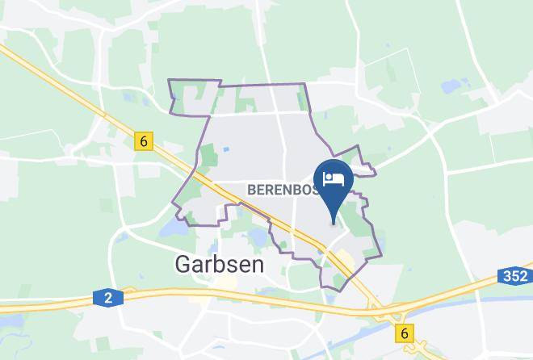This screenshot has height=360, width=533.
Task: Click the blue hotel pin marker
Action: [334, 185]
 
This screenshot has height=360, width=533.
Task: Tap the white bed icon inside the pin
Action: [334, 177]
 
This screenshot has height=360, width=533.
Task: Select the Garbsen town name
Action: [216, 264]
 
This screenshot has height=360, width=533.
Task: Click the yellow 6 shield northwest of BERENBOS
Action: [143, 141]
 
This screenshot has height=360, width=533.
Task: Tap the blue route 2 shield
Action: [107, 298]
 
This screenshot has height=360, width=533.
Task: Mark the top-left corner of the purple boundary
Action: [168, 81]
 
